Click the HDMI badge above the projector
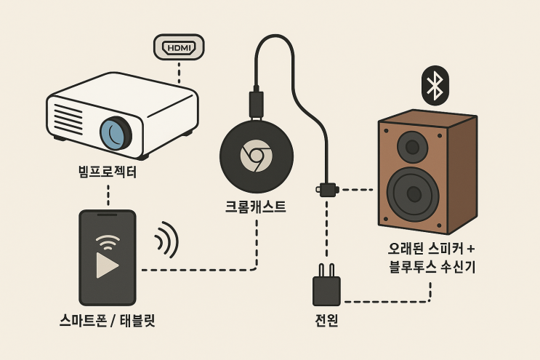[x=179, y=47]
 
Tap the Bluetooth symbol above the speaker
[x=435, y=86]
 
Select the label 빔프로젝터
[x=108, y=172]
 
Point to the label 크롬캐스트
[x=256, y=207]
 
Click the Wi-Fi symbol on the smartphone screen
[x=108, y=241]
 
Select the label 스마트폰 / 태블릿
[x=108, y=319]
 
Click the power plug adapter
[x=326, y=289]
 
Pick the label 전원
[x=326, y=320]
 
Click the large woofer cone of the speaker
[x=413, y=193]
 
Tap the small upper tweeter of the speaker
[x=412, y=148]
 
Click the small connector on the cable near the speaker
[x=327, y=190]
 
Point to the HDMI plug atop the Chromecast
[x=256, y=103]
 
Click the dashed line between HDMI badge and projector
[x=179, y=72]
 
